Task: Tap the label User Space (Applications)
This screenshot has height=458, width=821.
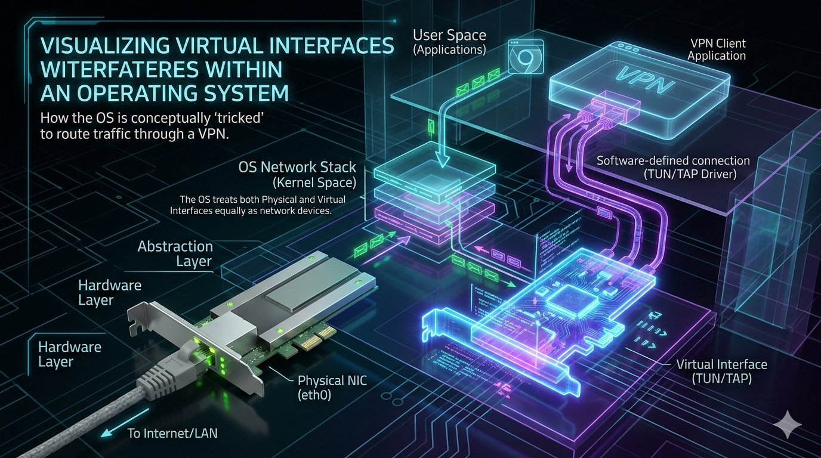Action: coord(449,42)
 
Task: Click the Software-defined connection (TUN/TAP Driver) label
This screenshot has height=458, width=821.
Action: coord(673,167)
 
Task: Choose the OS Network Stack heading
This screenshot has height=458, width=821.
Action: coord(297,167)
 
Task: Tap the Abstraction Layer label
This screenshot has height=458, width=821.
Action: coord(175,253)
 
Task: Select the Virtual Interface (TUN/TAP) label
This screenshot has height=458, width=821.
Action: coord(721,371)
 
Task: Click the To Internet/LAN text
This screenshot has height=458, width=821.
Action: coord(172,433)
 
